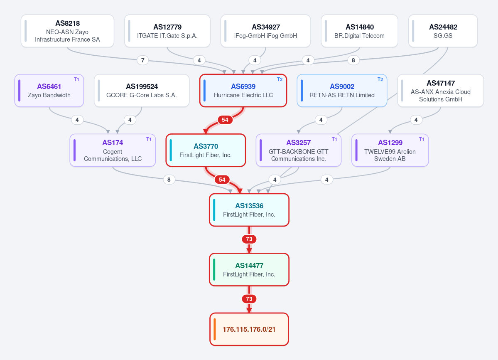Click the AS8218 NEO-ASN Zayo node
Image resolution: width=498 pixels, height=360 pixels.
coord(67,31)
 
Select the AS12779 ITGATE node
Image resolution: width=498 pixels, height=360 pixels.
coord(167,31)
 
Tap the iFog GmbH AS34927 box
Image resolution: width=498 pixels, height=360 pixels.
coord(265,31)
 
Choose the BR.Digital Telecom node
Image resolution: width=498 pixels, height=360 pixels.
coord(360,31)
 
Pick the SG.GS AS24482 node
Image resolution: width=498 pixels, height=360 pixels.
coord(443,31)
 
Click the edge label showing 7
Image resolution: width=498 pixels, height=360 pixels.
coord(142,60)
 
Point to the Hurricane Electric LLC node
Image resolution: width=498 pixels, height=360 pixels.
coord(243,91)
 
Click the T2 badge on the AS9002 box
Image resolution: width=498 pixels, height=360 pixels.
coord(380,79)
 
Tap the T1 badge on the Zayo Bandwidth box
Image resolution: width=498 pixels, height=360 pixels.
coord(76,79)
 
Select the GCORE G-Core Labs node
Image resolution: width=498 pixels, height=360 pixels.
coord(142,91)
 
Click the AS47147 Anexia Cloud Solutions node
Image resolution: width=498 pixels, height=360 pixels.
coord(441,91)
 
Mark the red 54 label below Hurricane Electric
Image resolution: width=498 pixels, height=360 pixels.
coord(225,120)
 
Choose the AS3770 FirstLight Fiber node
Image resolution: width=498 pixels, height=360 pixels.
coord(206,150)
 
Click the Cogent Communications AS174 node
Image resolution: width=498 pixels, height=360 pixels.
coord(113,150)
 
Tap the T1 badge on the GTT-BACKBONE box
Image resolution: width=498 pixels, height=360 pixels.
coord(334,139)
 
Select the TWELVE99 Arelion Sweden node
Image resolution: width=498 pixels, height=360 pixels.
coord(390,150)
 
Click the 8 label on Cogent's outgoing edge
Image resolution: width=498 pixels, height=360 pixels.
coord(169,180)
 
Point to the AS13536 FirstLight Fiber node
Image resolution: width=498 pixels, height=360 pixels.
coord(249,210)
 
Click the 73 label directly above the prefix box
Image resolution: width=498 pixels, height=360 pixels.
coord(249,299)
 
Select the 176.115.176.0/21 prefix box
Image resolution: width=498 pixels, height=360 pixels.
coord(249,329)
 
